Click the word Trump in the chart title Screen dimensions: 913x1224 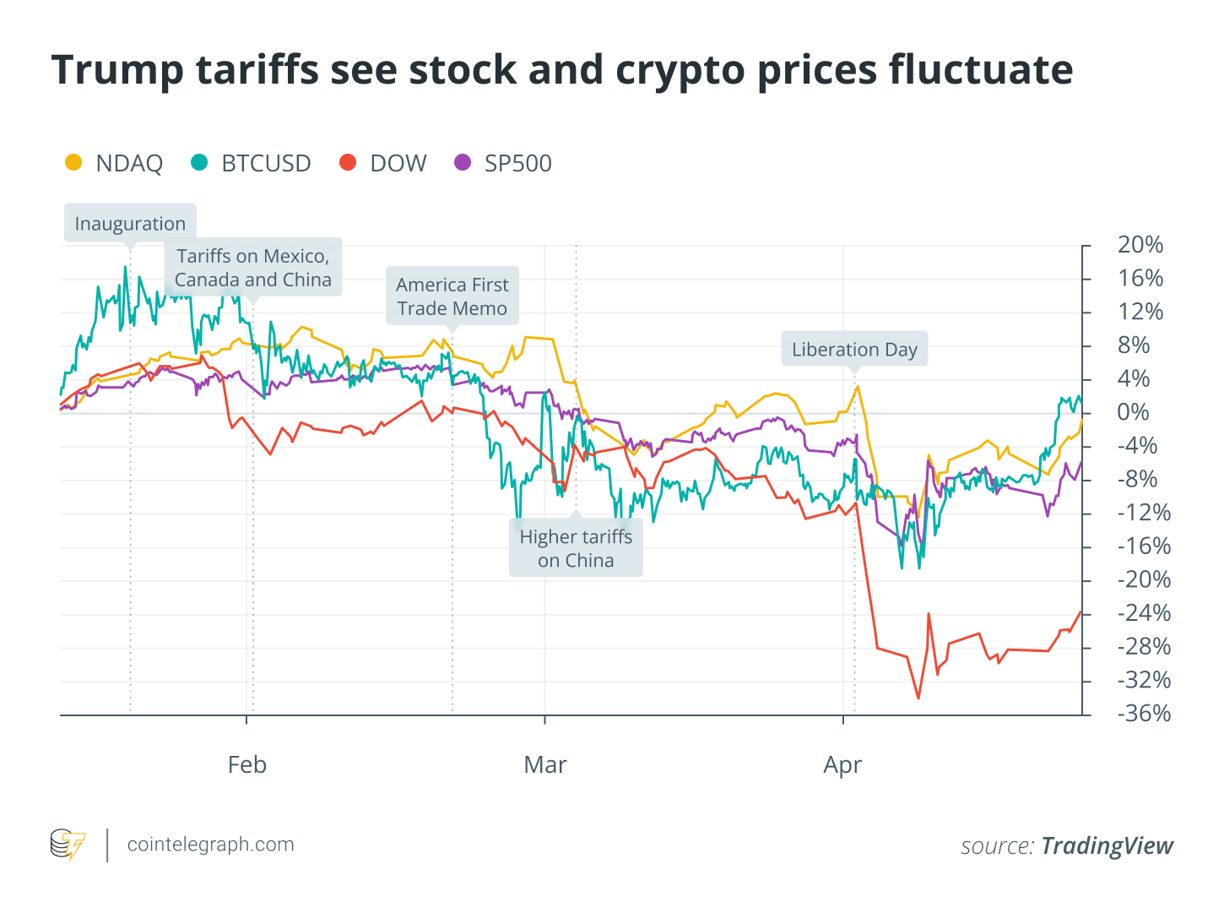pos(116,70)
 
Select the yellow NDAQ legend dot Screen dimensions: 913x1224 pos(74,162)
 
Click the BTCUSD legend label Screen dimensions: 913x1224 pos(266,163)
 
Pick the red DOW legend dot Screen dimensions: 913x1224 pos(348,162)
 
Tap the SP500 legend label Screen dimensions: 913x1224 pos(517,163)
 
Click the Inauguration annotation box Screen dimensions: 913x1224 pos(130,224)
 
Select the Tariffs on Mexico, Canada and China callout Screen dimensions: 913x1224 pos(253,268)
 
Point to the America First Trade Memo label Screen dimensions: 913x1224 pos(452,296)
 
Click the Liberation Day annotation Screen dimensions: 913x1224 pos(854,350)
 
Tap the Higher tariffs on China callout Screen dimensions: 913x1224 pos(576,548)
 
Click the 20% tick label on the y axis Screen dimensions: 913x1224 pos(1140,245)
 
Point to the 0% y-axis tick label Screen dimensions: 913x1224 pos(1133,412)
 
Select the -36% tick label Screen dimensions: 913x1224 pos(1144,714)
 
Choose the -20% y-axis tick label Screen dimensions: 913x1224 pos(1144,579)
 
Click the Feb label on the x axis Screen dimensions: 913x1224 pos(247,765)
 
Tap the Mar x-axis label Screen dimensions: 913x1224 pos(545,765)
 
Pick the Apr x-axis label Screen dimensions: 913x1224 pos(842,765)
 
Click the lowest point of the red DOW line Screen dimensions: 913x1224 pos(918,698)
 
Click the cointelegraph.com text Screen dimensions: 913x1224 pos(210,845)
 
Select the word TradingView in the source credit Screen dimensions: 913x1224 pos(1107,846)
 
